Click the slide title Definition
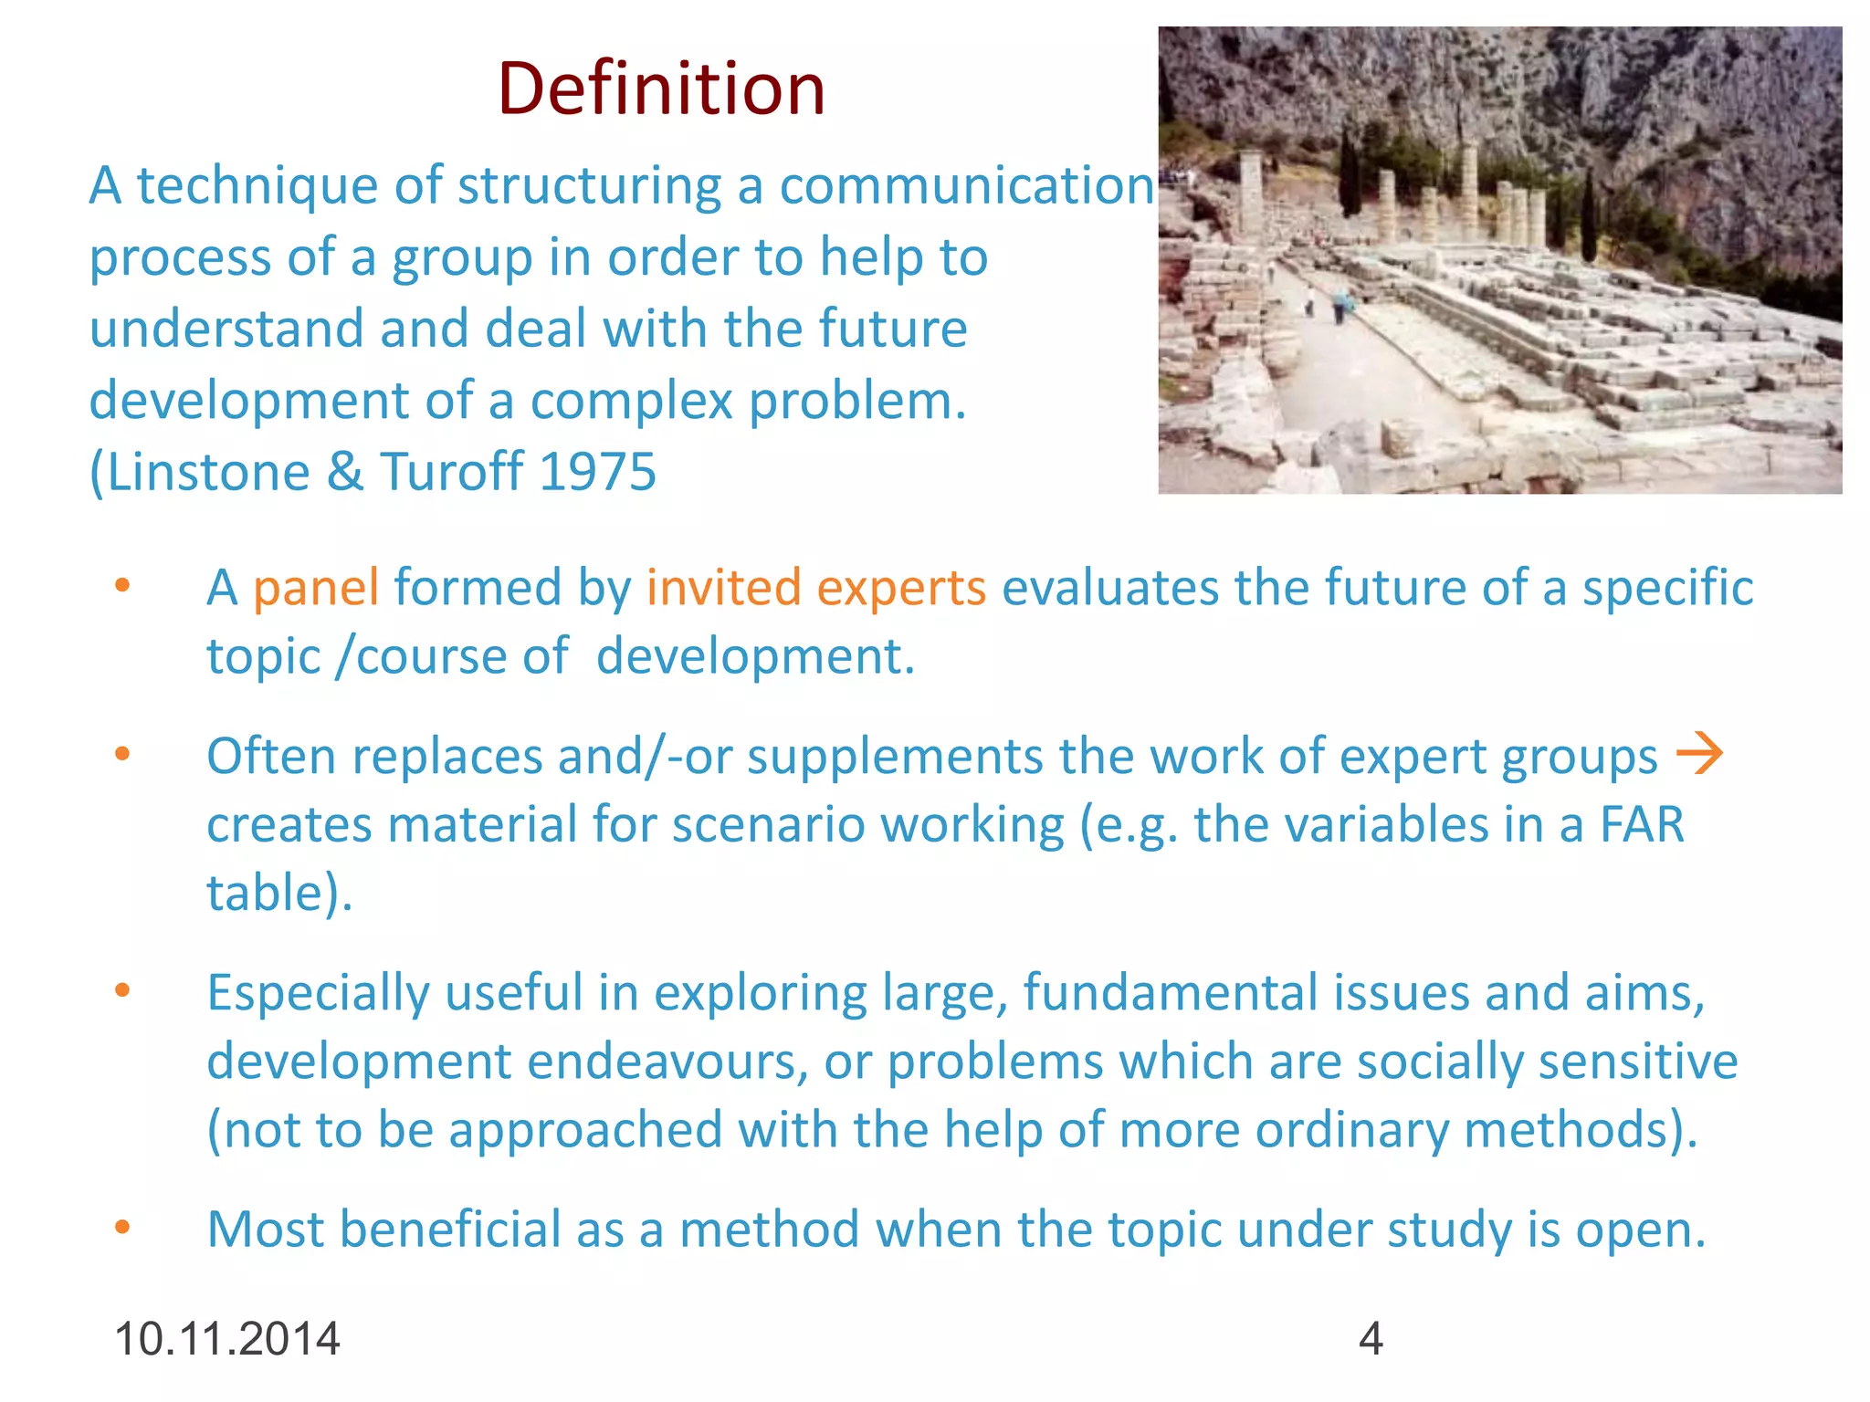click(x=661, y=89)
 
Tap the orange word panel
click(x=316, y=587)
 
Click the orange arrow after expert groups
click(x=1699, y=755)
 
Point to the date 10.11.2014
click(x=226, y=1339)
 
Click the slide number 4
click(x=1371, y=1339)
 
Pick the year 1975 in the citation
click(x=597, y=472)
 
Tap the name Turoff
click(x=452, y=472)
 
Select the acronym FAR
click(x=1641, y=824)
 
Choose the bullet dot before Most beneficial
click(x=122, y=1228)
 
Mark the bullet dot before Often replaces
click(x=122, y=754)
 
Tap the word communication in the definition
click(x=967, y=185)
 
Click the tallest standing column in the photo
click(x=1251, y=196)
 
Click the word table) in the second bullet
click(x=278, y=893)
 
